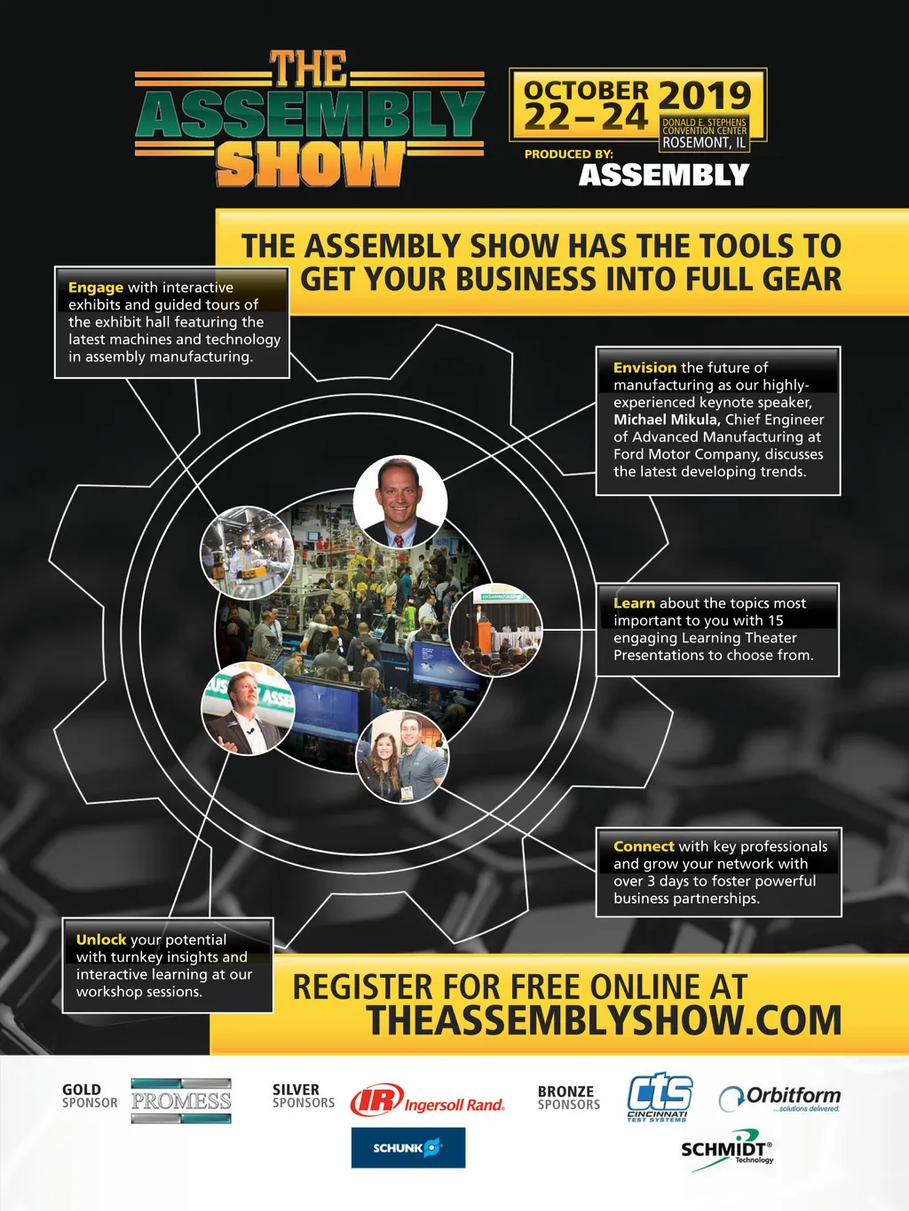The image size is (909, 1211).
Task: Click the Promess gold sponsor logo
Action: pos(181,1101)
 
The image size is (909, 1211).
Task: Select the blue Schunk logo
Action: pos(408,1147)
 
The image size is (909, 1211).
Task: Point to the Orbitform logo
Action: pos(780,1098)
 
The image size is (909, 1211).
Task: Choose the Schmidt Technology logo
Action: pos(727,1151)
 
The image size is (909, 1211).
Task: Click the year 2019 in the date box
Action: pos(706,96)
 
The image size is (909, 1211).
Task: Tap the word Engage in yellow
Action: pos(96,288)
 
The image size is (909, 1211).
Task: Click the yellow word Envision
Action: pos(644,367)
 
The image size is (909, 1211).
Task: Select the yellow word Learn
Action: pos(634,603)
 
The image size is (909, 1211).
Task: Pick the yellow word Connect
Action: pos(644,846)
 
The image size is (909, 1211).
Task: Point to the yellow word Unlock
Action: pos(101,940)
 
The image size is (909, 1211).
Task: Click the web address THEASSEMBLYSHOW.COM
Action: pos(604,1020)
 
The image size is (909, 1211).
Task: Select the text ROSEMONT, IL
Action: pos(704,143)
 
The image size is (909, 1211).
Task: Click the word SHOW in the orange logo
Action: pos(309,163)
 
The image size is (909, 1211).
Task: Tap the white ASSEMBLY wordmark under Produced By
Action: pos(664,175)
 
